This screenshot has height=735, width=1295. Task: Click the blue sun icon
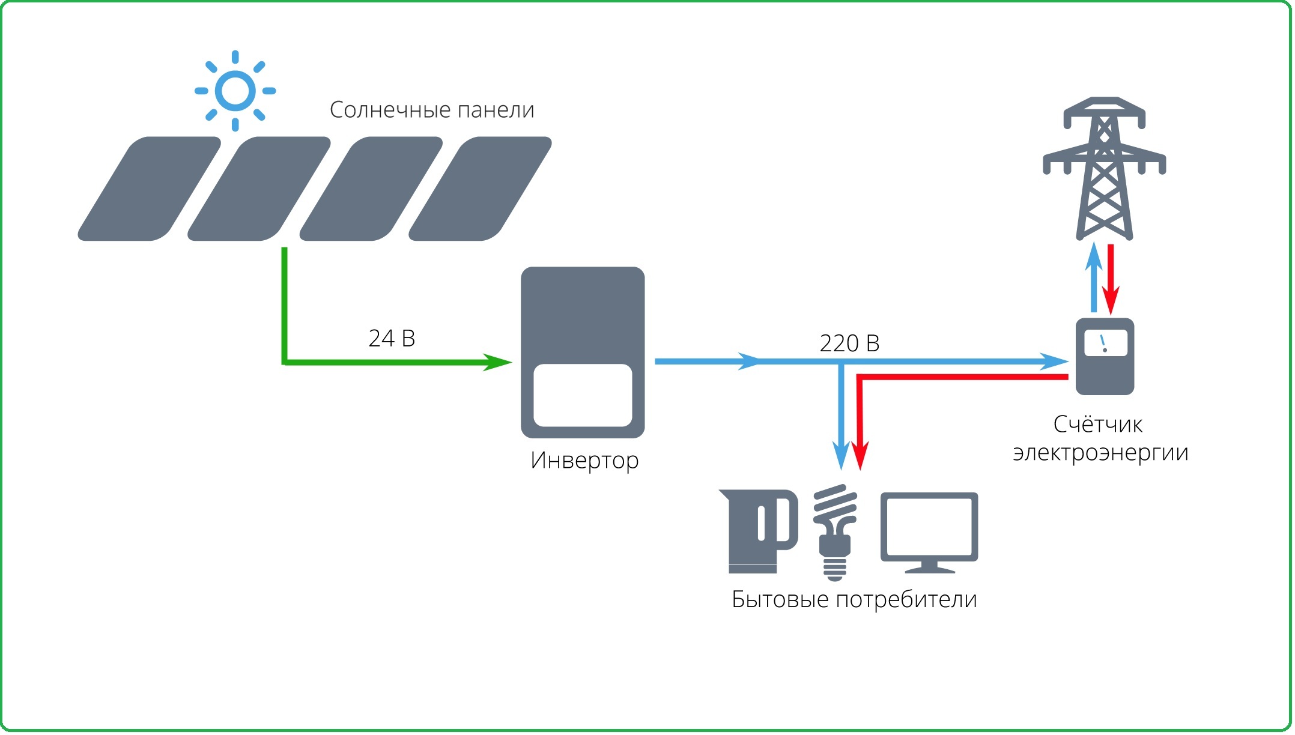click(235, 91)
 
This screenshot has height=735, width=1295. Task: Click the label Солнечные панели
click(432, 110)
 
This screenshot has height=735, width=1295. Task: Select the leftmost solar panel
click(149, 189)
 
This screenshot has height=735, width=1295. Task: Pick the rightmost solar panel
click(480, 189)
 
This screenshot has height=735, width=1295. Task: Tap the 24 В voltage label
click(392, 339)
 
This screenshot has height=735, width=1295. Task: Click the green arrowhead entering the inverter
click(499, 362)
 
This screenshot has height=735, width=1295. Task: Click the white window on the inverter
click(583, 395)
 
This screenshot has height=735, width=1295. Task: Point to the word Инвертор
click(584, 461)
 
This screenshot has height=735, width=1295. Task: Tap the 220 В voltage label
click(849, 343)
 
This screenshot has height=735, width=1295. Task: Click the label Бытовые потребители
click(854, 599)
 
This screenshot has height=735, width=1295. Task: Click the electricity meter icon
click(1105, 357)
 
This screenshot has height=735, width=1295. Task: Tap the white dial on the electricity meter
click(1105, 343)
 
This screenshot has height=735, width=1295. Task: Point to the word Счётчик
click(1098, 425)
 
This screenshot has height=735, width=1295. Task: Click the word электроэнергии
click(1100, 452)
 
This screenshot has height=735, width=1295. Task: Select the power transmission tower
click(1104, 168)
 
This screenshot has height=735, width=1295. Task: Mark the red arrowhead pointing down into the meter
click(1111, 300)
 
